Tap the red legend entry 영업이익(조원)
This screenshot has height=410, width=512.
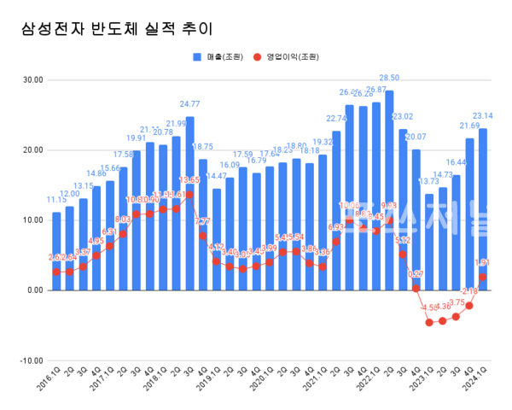(286, 57)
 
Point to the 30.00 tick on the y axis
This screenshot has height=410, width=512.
(32, 80)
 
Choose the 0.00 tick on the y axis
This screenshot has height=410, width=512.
(34, 290)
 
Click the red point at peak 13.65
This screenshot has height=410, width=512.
(189, 195)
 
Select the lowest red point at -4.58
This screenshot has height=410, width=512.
(429, 322)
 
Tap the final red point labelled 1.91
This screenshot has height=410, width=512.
(483, 277)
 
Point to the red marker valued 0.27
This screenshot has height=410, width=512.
(416, 288)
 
